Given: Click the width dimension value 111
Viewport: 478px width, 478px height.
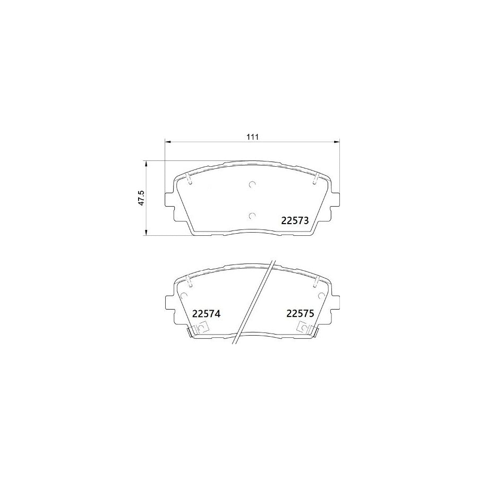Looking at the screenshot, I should [252, 137].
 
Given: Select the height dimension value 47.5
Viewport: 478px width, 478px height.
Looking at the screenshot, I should [141, 199].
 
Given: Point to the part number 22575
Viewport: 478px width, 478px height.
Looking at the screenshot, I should [301, 314].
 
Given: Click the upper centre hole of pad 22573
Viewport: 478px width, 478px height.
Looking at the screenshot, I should [252, 185].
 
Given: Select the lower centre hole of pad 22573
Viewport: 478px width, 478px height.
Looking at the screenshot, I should [252, 216].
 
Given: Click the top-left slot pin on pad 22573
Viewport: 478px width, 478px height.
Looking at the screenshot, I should [189, 179].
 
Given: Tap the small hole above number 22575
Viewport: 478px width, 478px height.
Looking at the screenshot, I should [321, 295].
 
